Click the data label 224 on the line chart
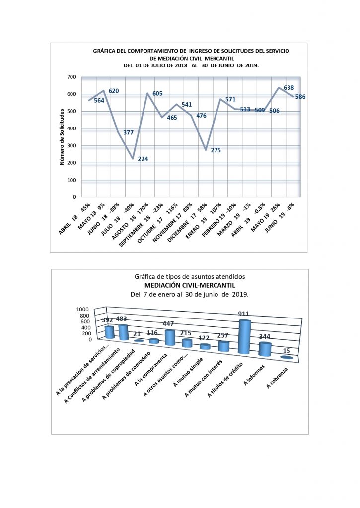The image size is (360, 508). point(143,159)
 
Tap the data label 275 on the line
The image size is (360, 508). point(216,150)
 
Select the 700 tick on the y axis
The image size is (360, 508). point(71,77)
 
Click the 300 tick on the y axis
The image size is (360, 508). point(71,146)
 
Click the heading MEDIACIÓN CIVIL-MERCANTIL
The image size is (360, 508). point(189,285)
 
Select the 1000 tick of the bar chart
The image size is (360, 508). point(83,309)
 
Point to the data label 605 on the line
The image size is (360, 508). point(157,94)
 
